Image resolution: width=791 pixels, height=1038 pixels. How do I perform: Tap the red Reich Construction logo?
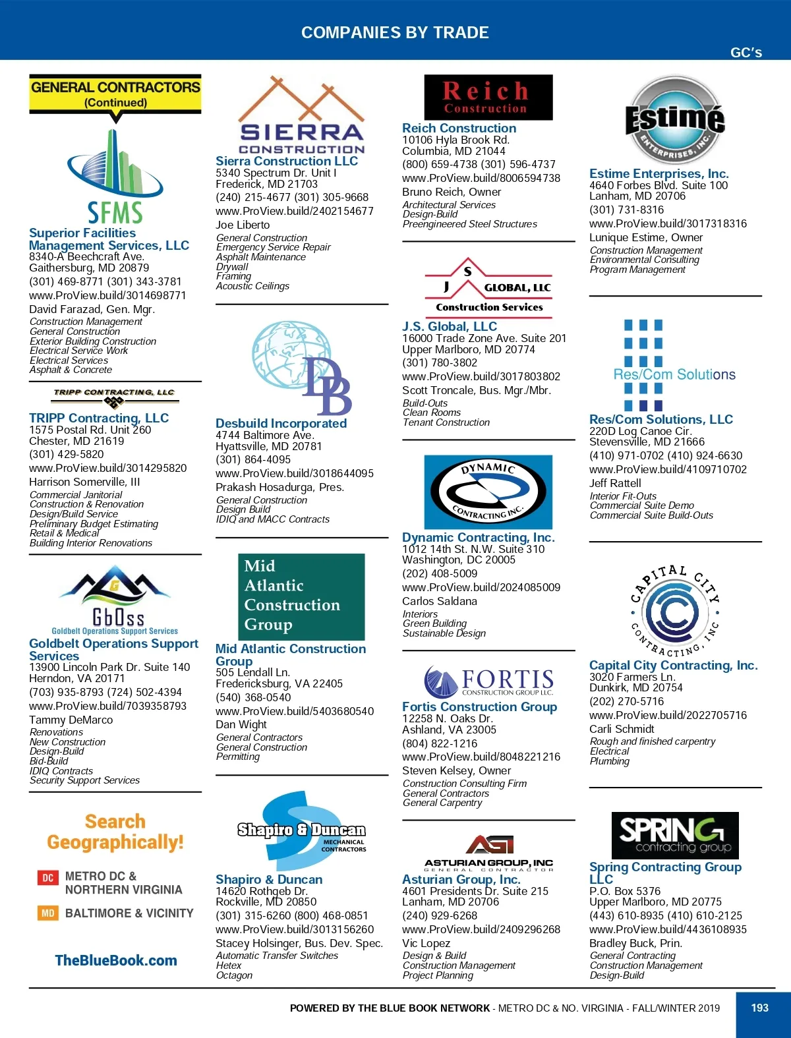(x=488, y=98)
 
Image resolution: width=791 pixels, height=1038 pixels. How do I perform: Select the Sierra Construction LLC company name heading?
(x=287, y=161)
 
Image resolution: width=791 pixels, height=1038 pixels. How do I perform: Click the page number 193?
(x=759, y=1008)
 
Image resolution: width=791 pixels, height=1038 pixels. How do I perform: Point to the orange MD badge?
(x=47, y=913)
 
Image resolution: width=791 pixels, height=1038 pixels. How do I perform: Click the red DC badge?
(x=47, y=877)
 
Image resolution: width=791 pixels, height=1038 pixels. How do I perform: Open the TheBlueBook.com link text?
(x=116, y=960)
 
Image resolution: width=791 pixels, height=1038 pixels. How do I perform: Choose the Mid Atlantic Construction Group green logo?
(x=301, y=596)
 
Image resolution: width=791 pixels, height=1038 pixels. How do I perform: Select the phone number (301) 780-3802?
(x=440, y=362)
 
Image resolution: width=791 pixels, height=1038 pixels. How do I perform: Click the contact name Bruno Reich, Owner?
(x=452, y=192)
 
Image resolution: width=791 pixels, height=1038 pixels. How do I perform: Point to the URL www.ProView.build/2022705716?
(x=668, y=715)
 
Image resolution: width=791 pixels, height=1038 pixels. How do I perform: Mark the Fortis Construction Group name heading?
(x=479, y=706)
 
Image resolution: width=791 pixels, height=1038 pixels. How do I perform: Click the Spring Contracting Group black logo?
(x=675, y=835)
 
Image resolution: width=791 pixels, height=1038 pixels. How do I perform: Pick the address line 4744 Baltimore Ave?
(x=265, y=435)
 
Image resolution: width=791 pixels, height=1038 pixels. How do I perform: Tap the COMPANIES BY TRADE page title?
(x=395, y=32)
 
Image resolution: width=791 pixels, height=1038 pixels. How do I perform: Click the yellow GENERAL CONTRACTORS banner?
(x=115, y=94)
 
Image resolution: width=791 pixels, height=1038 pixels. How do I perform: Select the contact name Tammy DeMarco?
(x=71, y=720)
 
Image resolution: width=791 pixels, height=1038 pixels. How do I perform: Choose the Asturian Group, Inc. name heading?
(x=461, y=879)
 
